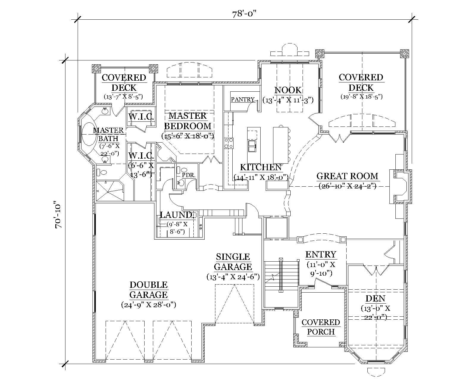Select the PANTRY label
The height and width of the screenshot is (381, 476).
click(243, 100)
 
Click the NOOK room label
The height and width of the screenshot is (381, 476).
click(288, 90)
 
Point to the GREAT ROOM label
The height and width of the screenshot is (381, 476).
click(347, 176)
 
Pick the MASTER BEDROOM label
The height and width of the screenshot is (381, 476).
click(188, 121)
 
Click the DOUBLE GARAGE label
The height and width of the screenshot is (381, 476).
click(148, 290)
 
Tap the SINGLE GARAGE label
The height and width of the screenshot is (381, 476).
click(233, 262)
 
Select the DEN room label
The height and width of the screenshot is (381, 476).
click(375, 299)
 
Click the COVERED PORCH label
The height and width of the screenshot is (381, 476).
click(321, 327)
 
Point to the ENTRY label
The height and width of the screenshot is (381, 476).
click(321, 254)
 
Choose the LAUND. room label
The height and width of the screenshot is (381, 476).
click(177, 215)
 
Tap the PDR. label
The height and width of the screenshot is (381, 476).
click(189, 175)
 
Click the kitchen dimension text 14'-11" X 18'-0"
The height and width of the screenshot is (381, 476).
click(261, 178)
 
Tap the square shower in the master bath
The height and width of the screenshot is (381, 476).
click(109, 190)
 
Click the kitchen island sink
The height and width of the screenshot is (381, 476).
click(252, 146)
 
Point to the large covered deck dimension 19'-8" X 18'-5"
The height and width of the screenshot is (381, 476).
click(361, 97)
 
